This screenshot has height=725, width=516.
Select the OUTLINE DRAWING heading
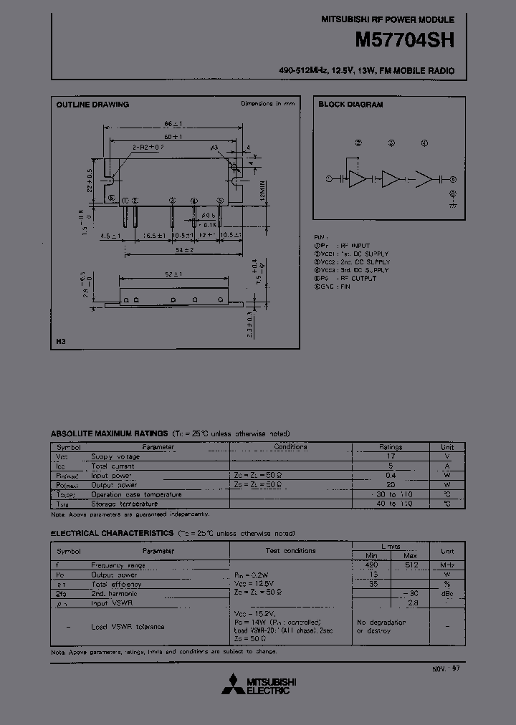(92, 105)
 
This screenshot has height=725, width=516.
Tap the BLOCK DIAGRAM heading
(351, 105)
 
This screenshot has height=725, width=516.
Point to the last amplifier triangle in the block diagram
(425, 179)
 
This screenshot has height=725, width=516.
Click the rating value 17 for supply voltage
(391, 456)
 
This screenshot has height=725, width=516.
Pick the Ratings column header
(391, 447)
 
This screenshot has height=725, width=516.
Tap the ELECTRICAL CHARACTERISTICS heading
(112, 534)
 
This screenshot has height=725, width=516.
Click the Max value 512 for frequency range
(410, 565)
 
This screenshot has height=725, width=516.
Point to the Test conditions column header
(290, 551)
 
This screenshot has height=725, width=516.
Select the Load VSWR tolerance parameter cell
(128, 627)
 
